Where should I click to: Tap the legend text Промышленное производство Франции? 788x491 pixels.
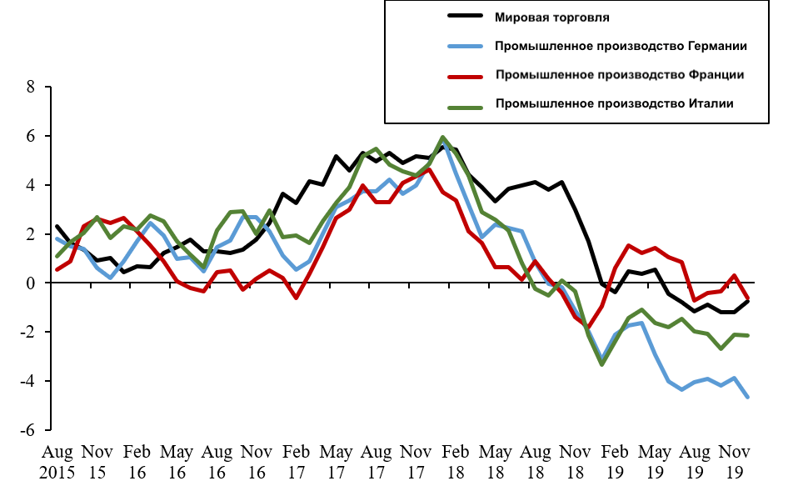point(619,75)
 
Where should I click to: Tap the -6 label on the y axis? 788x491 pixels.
point(27,431)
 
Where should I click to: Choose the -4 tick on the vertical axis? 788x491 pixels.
point(27,382)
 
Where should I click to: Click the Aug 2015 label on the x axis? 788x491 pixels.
point(57,461)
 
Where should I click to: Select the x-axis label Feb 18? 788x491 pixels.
point(456,461)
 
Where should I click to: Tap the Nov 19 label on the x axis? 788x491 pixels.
point(736,461)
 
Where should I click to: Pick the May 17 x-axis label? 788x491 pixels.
point(337,461)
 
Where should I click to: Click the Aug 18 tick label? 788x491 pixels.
point(536,461)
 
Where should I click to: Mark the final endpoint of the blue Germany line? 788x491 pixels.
point(747,397)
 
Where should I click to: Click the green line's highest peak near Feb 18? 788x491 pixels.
point(442,138)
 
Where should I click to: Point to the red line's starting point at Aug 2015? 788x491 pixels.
point(57,269)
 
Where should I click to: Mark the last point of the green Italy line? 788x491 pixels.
point(747,335)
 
